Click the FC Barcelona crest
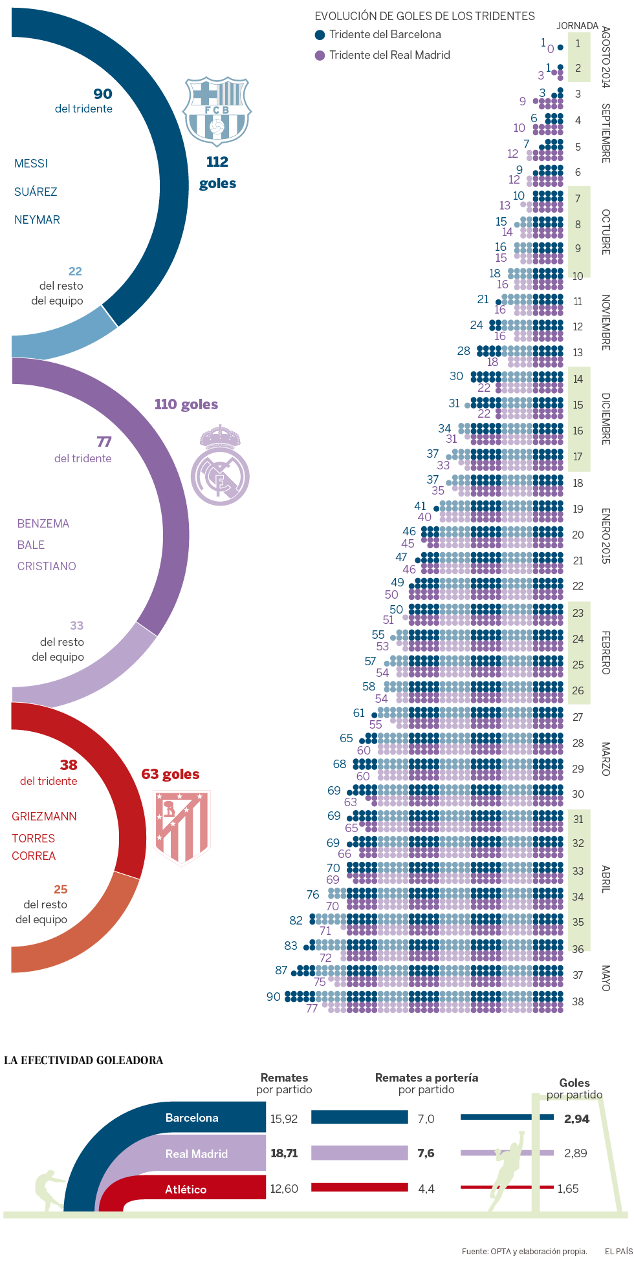pos(217,111)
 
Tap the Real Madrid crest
pos(220,465)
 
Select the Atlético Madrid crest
pos(182,828)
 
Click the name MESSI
pos(31,164)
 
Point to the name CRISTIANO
pos(47,566)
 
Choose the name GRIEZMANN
pos(44,817)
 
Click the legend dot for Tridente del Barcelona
pos(320,35)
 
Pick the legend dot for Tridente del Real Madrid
pos(320,56)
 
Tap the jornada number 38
pos(578,1001)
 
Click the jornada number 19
pos(578,509)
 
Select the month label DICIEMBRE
pos(606,418)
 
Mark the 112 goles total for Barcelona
pos(217,172)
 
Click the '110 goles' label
pos(186,405)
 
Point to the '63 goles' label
pos(170,775)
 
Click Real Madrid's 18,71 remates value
pos(284,1153)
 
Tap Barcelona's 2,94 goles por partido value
pos(576,1119)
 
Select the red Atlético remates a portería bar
pos(360,1188)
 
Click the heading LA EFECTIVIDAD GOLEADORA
pos(83,1060)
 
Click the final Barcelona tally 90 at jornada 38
pos(274,997)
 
